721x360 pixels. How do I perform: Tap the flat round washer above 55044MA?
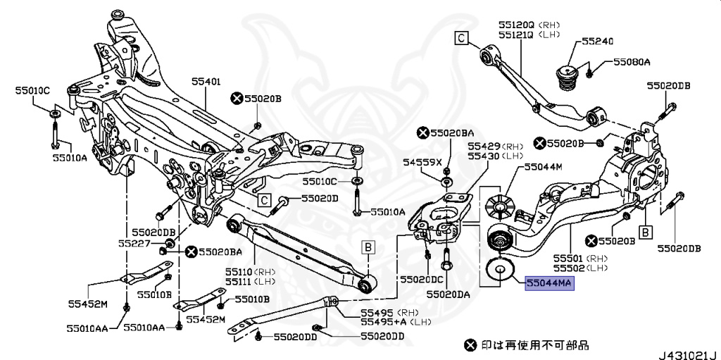tap(499, 269)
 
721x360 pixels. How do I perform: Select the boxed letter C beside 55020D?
tap(263, 200)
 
